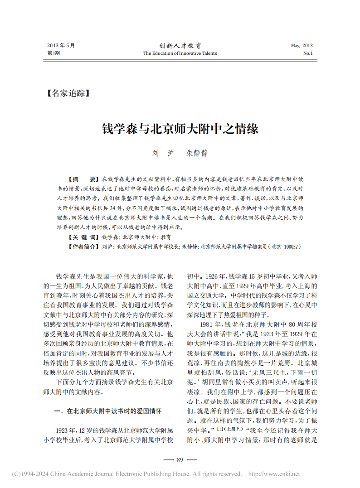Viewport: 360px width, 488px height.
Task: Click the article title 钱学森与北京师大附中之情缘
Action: (x=180, y=129)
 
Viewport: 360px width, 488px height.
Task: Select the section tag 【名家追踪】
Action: (x=68, y=93)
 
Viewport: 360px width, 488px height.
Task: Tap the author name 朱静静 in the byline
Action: (x=197, y=153)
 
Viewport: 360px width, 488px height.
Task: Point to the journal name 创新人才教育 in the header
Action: (x=180, y=46)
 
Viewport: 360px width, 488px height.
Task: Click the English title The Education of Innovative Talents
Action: (x=180, y=53)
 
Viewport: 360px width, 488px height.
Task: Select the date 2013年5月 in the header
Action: (x=61, y=46)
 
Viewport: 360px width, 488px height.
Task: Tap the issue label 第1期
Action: (x=54, y=53)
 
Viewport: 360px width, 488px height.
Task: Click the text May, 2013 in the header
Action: (x=302, y=46)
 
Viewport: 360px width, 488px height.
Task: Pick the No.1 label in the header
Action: (x=308, y=53)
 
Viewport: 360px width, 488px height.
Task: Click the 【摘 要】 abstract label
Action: (x=80, y=179)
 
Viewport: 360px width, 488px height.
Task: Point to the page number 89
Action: (x=180, y=460)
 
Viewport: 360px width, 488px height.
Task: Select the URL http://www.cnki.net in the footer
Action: (x=275, y=474)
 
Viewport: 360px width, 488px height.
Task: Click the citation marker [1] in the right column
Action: (x=220, y=428)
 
